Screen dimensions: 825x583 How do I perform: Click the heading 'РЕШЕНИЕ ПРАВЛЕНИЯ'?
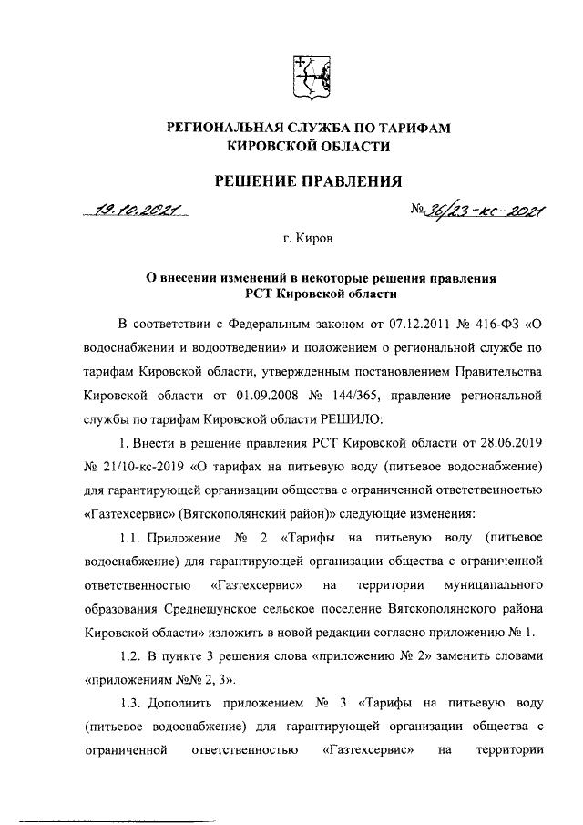pyautogui.click(x=306, y=180)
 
